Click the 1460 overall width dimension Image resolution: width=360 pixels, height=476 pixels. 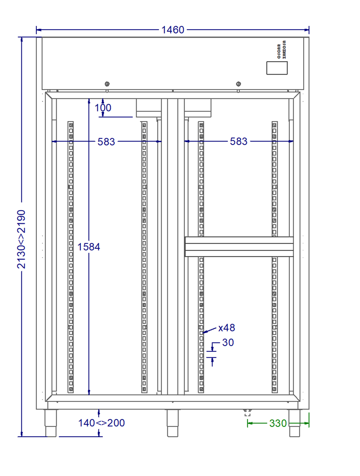click(x=173, y=30)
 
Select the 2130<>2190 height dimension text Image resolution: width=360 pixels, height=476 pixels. click(x=21, y=239)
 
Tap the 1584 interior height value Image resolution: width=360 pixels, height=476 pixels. click(x=89, y=247)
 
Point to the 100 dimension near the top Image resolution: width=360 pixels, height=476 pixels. click(x=103, y=108)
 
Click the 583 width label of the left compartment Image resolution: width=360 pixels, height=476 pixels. click(x=106, y=142)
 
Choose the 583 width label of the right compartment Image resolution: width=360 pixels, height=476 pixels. click(x=239, y=142)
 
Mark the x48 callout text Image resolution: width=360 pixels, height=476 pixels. click(x=227, y=328)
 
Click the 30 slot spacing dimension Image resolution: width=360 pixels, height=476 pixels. click(x=228, y=342)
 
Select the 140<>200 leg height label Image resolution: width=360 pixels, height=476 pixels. click(x=102, y=423)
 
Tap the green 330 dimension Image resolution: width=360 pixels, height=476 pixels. click(x=278, y=423)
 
